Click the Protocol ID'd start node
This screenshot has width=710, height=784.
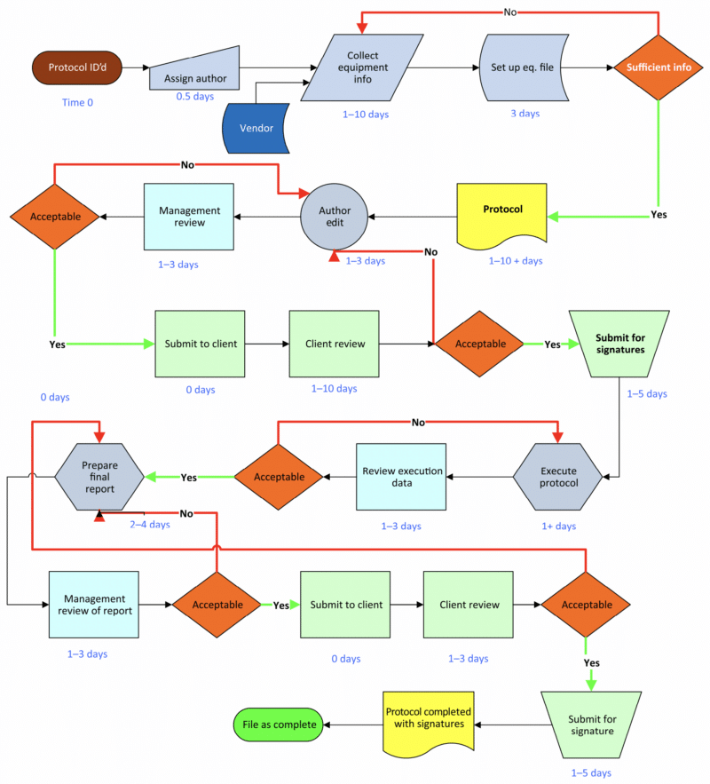(x=76, y=67)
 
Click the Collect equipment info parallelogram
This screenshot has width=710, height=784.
(x=360, y=67)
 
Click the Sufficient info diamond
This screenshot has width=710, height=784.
(x=659, y=67)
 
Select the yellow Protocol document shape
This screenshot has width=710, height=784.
(x=502, y=213)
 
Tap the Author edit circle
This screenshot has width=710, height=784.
(x=335, y=217)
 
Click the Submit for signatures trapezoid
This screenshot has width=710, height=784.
(x=619, y=342)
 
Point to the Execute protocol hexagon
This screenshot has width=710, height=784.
(x=559, y=477)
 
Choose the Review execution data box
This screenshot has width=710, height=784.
(x=401, y=477)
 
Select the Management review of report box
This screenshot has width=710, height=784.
(x=94, y=605)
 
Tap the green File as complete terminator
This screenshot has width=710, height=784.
(x=279, y=725)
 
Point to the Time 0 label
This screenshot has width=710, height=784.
(x=77, y=103)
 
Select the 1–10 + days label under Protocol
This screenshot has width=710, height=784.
(x=515, y=261)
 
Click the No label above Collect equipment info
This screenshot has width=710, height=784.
(x=510, y=12)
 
